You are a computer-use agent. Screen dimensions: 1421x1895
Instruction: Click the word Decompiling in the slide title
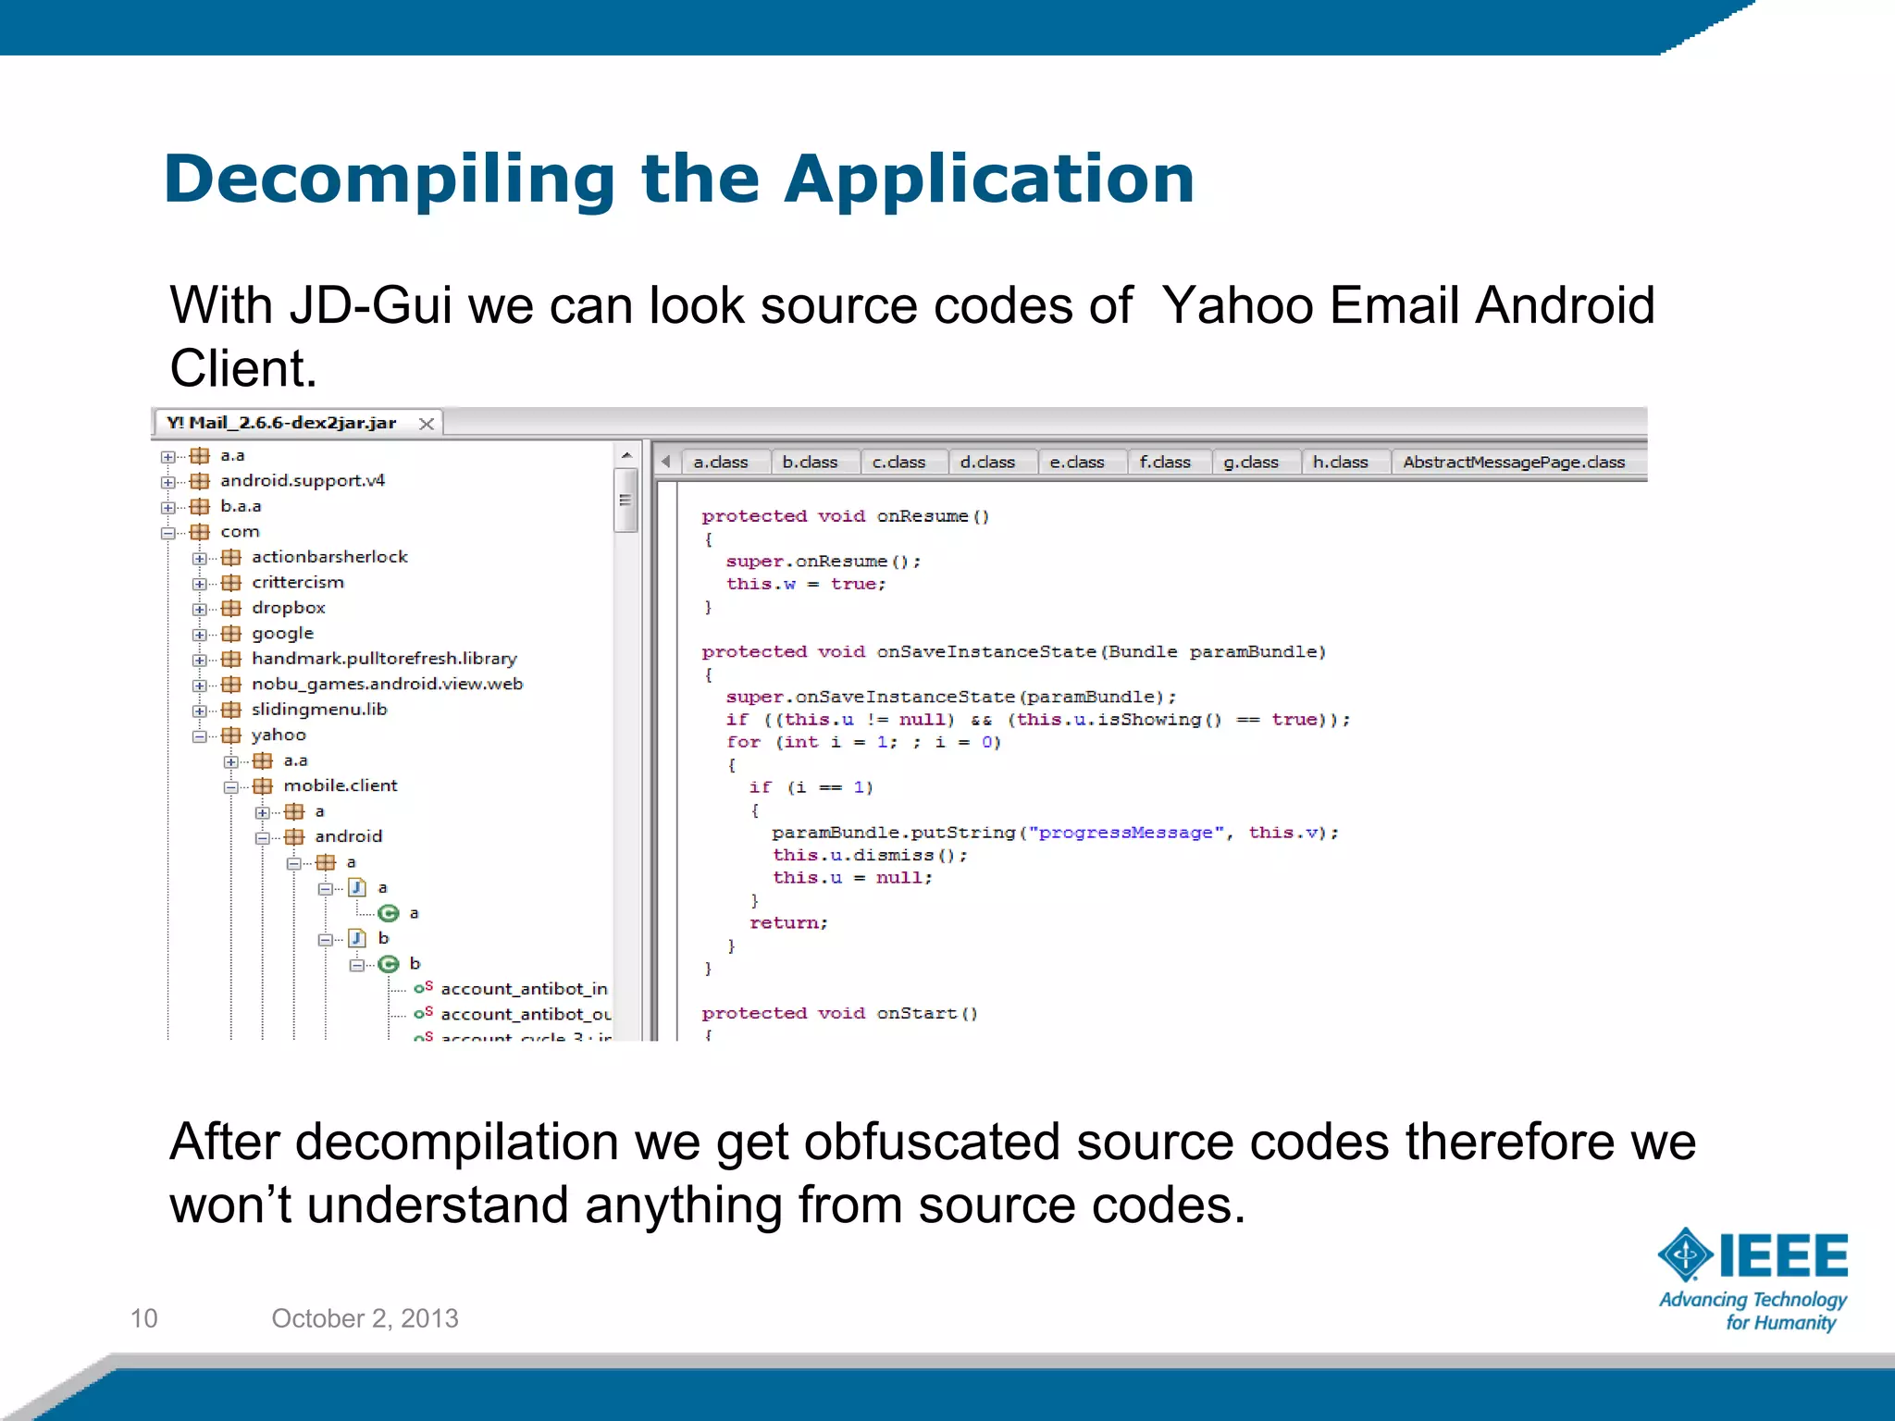coord(389,179)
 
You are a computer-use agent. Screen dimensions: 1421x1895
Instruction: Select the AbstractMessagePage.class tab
coord(1513,462)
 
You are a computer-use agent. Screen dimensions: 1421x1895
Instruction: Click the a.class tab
coord(720,462)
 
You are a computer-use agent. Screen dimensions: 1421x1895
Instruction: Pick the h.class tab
coord(1339,462)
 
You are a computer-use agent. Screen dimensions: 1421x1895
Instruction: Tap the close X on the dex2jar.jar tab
coord(427,424)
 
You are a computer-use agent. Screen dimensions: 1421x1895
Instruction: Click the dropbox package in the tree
coord(288,608)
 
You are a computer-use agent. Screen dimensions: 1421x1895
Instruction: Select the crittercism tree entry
coord(297,582)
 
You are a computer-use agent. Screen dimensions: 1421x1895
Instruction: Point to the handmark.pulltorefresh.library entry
coord(383,659)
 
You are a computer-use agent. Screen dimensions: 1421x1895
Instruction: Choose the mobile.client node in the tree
coord(340,785)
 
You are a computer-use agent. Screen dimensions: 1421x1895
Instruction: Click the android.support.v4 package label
coord(302,480)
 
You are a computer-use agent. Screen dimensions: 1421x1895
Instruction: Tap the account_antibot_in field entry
coord(523,989)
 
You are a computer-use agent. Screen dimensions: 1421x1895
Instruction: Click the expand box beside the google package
coord(199,635)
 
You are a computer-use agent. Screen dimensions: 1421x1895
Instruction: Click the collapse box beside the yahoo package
coord(199,736)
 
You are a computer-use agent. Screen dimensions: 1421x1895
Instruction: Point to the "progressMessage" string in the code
coord(1125,833)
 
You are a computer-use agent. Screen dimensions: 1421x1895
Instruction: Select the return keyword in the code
coord(787,923)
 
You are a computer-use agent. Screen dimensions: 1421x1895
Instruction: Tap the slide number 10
coord(144,1318)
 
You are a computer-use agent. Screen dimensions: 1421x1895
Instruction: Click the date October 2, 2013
coord(365,1318)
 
